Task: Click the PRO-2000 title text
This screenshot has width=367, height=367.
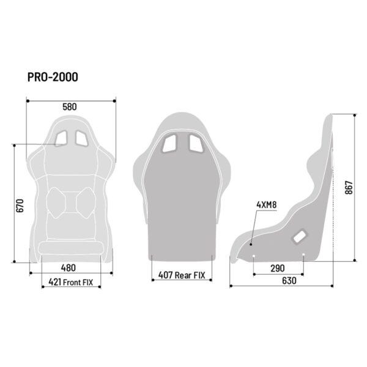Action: click(53, 77)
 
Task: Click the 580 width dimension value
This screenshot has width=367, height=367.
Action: click(70, 106)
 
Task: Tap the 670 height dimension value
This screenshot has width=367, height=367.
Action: click(20, 206)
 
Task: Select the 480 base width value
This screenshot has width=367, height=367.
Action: click(69, 268)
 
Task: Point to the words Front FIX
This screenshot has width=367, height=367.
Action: click(78, 282)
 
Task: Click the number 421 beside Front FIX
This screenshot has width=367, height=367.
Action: click(55, 282)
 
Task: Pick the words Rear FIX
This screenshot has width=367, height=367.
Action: click(190, 275)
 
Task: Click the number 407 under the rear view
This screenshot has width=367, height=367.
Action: click(166, 275)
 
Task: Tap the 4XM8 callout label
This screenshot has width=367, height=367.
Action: click(267, 205)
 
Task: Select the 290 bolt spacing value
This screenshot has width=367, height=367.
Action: click(278, 269)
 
